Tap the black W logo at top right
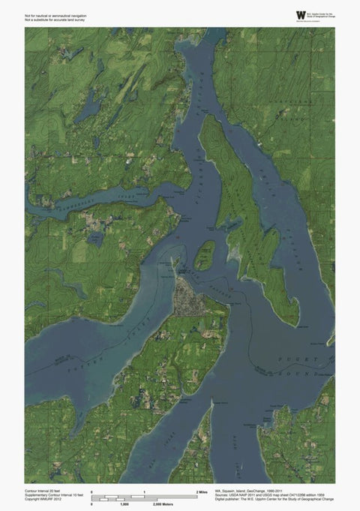point(301,14)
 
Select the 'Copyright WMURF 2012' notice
point(43,497)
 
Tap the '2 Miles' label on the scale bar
point(202,490)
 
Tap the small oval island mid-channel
point(203,256)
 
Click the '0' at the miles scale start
point(91,490)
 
